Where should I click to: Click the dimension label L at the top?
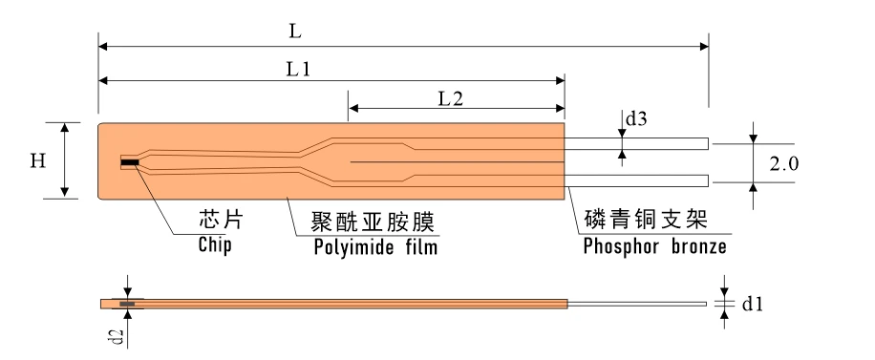[295, 32]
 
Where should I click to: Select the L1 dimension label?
[298, 69]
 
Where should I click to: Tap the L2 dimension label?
[451, 99]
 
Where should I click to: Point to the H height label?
[38, 161]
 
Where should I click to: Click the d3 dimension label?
[635, 118]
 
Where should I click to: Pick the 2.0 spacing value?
[784, 164]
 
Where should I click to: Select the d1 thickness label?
[752, 305]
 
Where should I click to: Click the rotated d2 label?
[117, 336]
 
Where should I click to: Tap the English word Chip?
[215, 244]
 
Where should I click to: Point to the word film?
[422, 245]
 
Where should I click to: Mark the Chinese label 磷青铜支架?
[646, 219]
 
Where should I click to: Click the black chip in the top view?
[130, 162]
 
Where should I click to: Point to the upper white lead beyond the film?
[637, 143]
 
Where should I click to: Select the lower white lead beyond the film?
[637, 180]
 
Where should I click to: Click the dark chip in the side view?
[127, 305]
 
